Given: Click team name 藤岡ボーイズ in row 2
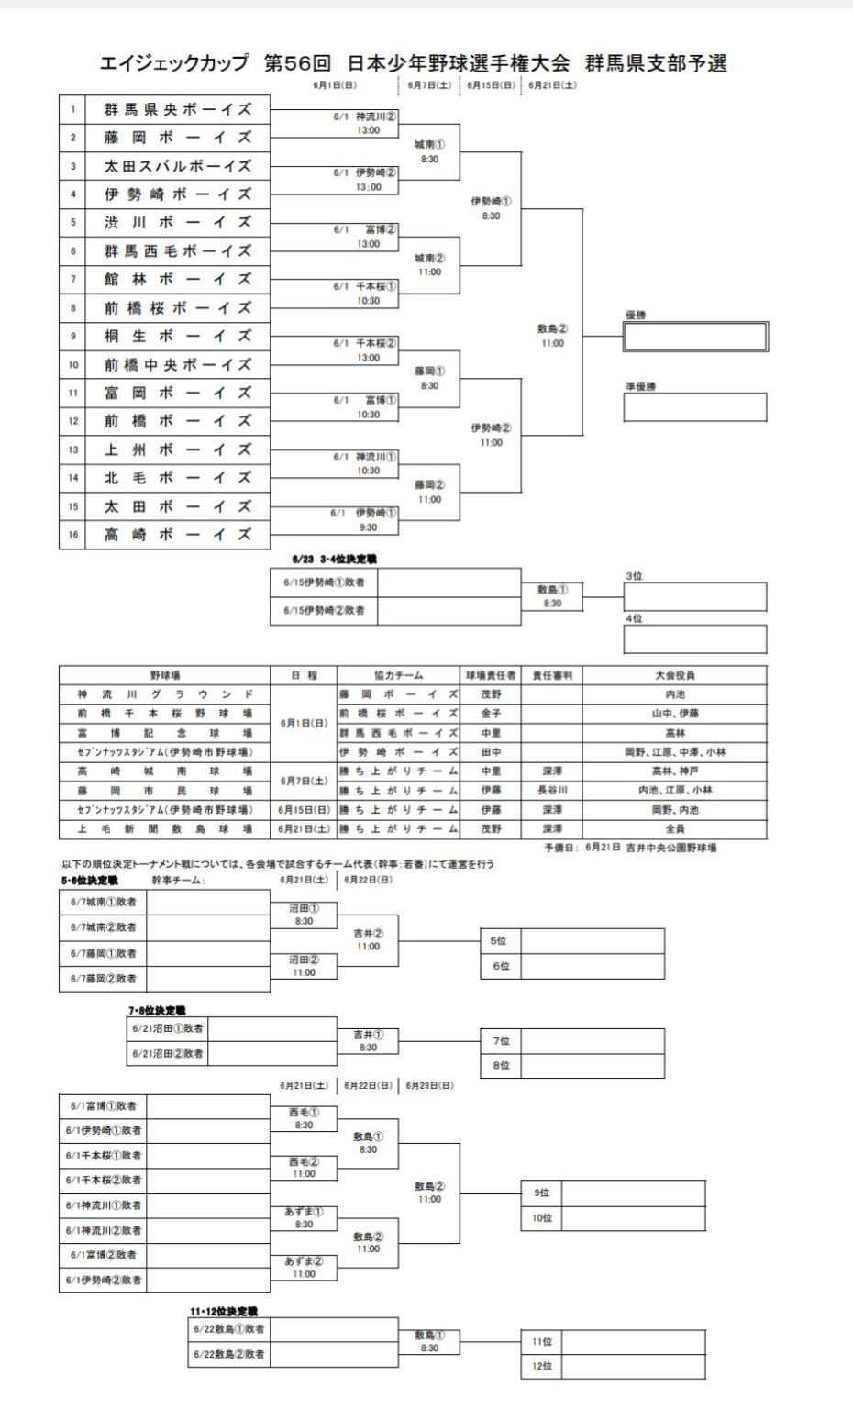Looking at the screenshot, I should pyautogui.click(x=177, y=138).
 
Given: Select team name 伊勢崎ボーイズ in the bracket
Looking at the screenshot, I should pyautogui.click(x=177, y=194).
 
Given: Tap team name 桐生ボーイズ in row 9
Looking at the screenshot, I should pyautogui.click(x=177, y=337).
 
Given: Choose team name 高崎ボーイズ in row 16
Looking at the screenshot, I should pyautogui.click(x=177, y=535).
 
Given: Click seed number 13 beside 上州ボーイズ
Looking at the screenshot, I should pyautogui.click(x=72, y=450).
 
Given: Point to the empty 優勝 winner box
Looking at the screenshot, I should pyautogui.click(x=695, y=337).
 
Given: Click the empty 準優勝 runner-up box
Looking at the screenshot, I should pyautogui.click(x=695, y=407).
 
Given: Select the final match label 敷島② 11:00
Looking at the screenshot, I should pyautogui.click(x=552, y=336).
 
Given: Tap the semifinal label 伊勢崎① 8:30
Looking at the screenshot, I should pyautogui.click(x=492, y=208).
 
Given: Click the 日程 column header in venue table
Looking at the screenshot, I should pyautogui.click(x=304, y=675).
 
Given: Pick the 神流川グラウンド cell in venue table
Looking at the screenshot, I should pyautogui.click(x=165, y=694).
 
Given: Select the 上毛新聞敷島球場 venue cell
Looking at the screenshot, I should pyautogui.click(x=165, y=828).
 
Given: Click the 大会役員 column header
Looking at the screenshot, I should pyautogui.click(x=674, y=675).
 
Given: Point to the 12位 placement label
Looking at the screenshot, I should pyautogui.click(x=541, y=1366).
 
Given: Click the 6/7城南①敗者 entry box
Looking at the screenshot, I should pyautogui.click(x=103, y=902).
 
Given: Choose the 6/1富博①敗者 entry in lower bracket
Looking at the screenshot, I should pyautogui.click(x=103, y=1106).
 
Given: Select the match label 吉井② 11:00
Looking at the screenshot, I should pyautogui.click(x=368, y=939).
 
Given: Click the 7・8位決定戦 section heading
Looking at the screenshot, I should pyautogui.click(x=157, y=1010).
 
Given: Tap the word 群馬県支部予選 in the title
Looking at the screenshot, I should pyautogui.click(x=656, y=63).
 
